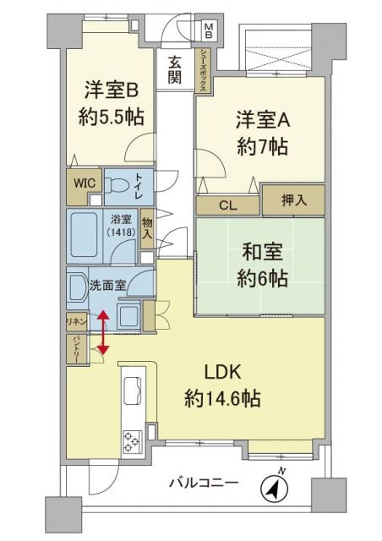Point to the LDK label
[x=224, y=373]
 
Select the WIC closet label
[x=83, y=182]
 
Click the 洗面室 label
[x=108, y=285]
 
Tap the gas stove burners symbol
[x=134, y=441]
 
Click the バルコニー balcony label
[x=203, y=484]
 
